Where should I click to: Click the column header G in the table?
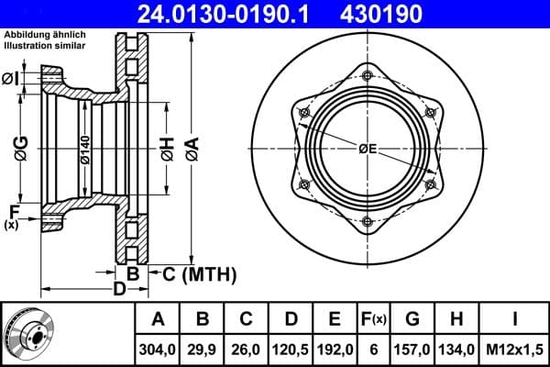pyautogui.click(x=412, y=319)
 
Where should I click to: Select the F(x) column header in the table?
pyautogui.click(x=373, y=319)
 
